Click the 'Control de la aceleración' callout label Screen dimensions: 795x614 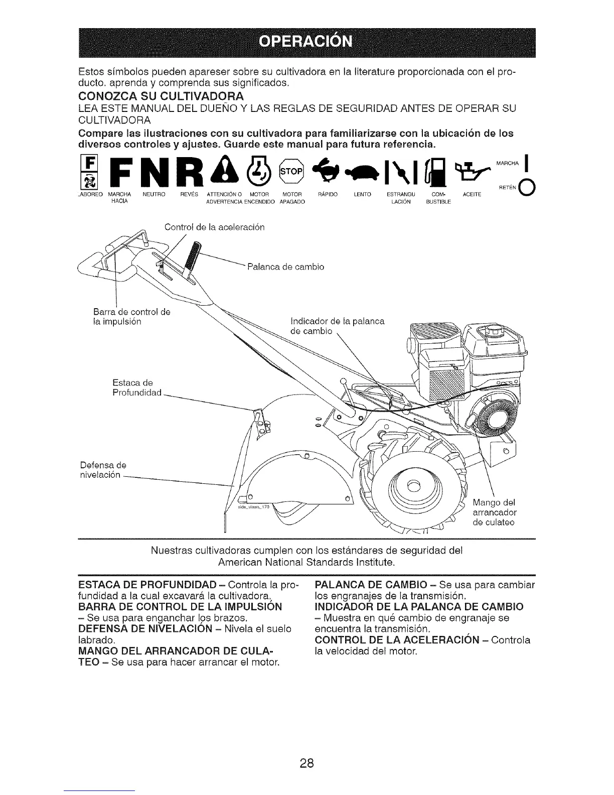214,227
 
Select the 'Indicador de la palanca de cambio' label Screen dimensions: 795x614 337,326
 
